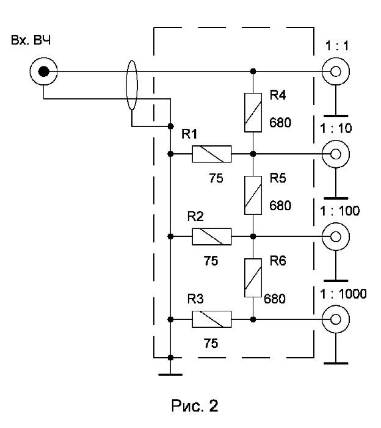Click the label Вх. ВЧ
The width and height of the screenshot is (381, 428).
pos(31,40)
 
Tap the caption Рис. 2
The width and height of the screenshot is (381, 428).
pos(195,405)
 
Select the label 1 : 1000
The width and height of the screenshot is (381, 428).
pos(343,294)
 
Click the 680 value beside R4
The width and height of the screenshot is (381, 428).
pos(280,123)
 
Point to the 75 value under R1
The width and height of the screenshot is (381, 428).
pos(216,178)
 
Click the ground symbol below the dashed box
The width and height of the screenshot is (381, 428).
pos(170,375)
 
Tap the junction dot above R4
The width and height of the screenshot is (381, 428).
pos(253,71)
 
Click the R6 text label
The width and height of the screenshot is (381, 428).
pos(278,261)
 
